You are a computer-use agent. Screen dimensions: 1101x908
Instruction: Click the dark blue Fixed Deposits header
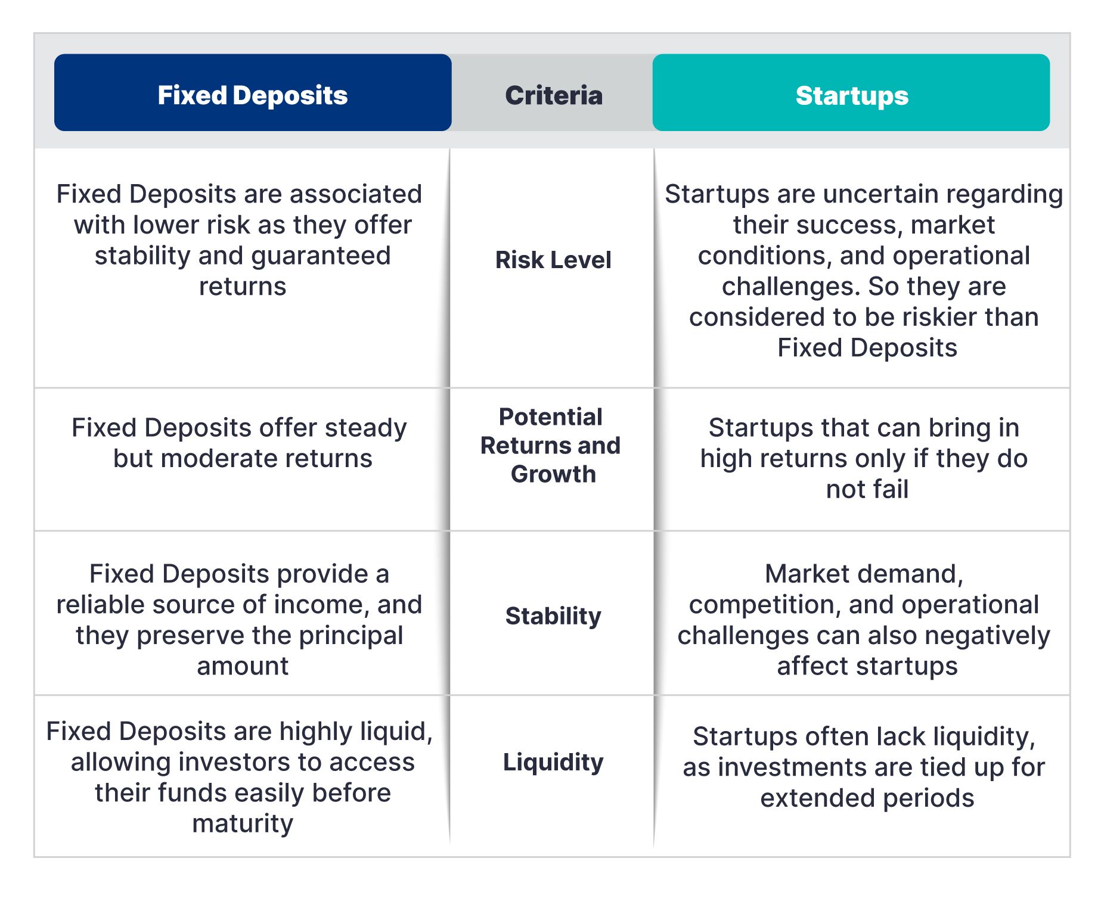pos(253,93)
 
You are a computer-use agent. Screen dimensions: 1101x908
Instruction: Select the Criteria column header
pos(554,95)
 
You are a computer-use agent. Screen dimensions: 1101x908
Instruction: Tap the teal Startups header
pos(851,93)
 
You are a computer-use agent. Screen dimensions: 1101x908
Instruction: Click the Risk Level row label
pos(553,260)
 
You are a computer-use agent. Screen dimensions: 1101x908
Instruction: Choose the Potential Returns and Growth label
pos(551,445)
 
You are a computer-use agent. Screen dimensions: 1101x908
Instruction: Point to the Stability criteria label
pos(553,616)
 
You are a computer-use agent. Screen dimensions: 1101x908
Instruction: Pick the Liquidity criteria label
pos(553,763)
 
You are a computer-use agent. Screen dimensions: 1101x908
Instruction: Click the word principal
pos(351,636)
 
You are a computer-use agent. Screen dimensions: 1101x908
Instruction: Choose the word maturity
pos(243,824)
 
